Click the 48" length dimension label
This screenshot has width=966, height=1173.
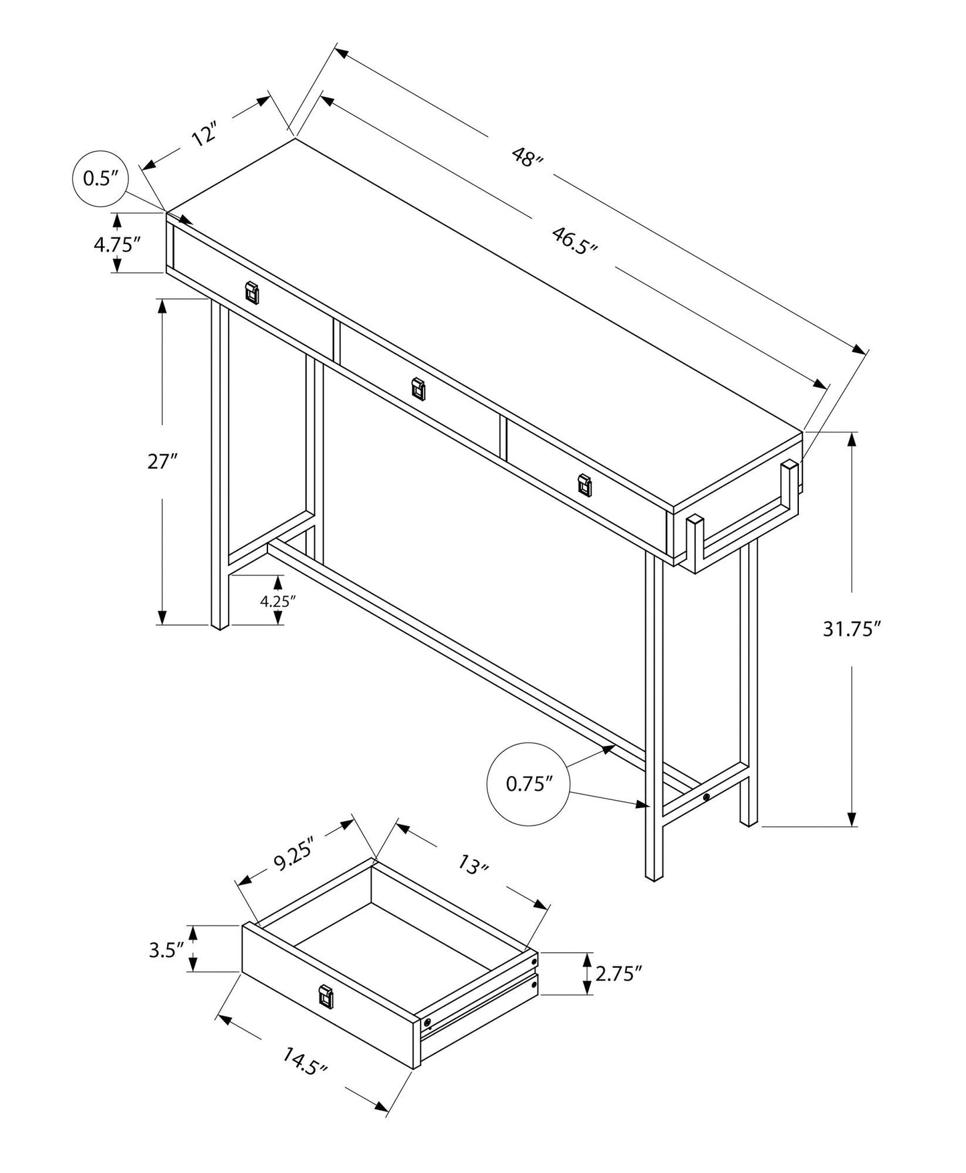[x=527, y=158]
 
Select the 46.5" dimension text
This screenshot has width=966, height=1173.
[x=574, y=239]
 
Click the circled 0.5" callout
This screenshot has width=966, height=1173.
[x=100, y=178]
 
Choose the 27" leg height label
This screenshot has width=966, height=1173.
[x=162, y=461]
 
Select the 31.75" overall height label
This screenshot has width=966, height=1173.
[x=848, y=629]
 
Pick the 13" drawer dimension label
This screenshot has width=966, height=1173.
[x=473, y=866]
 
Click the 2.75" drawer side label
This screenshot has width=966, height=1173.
[x=618, y=974]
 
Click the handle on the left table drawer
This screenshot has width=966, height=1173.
[x=252, y=292]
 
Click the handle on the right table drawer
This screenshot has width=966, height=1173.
[x=584, y=486]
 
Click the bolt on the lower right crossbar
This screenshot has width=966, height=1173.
[x=707, y=797]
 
